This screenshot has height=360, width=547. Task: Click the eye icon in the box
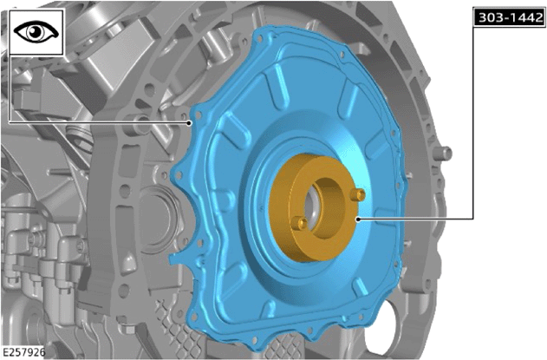click(x=36, y=32)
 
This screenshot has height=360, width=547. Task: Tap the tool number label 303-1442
click(x=511, y=17)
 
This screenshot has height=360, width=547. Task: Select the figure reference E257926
click(x=23, y=352)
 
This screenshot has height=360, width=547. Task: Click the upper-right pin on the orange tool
click(x=359, y=194)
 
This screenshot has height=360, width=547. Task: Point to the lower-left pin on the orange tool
click(x=299, y=223)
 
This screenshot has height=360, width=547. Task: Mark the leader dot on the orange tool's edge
click(x=357, y=219)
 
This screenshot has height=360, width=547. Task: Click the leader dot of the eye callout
click(x=189, y=122)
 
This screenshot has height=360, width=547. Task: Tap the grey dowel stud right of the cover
click(x=443, y=153)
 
